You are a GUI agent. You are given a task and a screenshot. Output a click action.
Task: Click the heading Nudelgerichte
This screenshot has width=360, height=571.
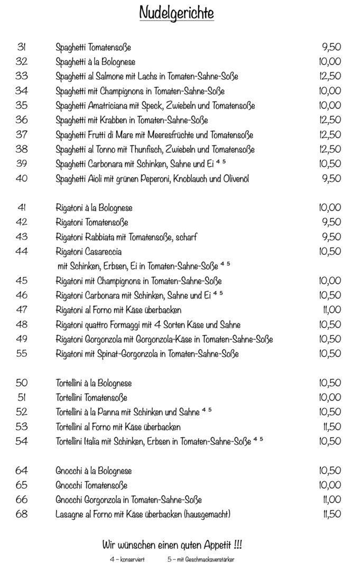[177, 12]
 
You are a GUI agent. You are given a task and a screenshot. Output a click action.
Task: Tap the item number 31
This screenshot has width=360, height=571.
[22, 47]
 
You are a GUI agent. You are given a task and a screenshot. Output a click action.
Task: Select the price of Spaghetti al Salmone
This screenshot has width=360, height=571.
[330, 76]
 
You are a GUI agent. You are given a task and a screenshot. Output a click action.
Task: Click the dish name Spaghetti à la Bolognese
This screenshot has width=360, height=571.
[95, 61]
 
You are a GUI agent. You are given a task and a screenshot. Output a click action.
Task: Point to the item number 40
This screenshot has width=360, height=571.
[22, 178]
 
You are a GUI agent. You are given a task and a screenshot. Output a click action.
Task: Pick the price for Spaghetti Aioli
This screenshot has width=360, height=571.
[331, 178]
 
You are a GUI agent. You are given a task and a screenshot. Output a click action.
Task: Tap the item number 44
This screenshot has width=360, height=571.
[22, 251]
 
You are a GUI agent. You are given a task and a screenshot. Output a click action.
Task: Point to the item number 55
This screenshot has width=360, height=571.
[22, 354]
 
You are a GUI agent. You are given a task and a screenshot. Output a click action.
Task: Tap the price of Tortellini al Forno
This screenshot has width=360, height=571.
[331, 427]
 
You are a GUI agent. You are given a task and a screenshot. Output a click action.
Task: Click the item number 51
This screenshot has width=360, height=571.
[22, 398]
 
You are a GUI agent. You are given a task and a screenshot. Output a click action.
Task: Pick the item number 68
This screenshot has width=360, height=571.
[22, 514]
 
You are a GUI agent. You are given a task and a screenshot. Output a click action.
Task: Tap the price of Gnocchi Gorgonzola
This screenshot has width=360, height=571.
[331, 500]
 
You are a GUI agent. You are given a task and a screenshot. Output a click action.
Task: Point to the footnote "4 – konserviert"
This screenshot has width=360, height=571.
[127, 559]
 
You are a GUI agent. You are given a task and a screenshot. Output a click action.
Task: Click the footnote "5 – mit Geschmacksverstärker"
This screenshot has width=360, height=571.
[201, 559]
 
